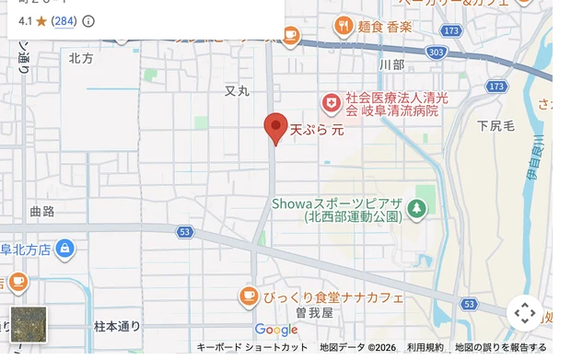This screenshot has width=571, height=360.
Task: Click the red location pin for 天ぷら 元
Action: (275, 127)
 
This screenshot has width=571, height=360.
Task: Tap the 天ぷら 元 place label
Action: (317, 130)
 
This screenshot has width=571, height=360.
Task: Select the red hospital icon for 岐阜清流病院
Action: (330, 102)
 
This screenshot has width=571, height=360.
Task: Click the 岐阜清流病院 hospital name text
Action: (390, 103)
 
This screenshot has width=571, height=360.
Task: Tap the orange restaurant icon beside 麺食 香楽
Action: (344, 25)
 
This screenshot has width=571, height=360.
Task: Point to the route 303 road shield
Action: (437, 53)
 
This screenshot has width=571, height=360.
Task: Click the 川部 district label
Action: (391, 64)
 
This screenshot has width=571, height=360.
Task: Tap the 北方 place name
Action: (81, 58)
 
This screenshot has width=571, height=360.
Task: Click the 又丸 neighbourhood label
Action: (237, 91)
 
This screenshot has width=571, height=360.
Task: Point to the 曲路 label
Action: (42, 211)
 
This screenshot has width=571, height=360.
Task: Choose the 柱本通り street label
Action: (117, 326)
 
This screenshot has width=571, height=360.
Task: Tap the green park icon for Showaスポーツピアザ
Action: (418, 208)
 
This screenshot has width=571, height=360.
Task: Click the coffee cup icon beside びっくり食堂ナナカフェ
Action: (248, 296)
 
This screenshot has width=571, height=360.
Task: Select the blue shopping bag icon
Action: (64, 249)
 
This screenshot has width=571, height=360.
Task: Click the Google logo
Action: (276, 331)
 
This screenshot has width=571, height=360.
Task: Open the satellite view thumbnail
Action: (28, 324)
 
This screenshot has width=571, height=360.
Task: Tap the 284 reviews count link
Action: (64, 21)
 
